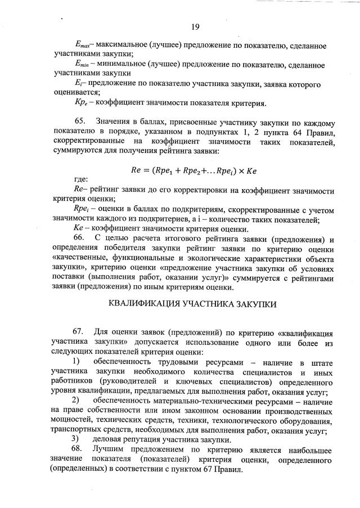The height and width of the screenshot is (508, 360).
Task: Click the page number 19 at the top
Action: pos(195,26)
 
